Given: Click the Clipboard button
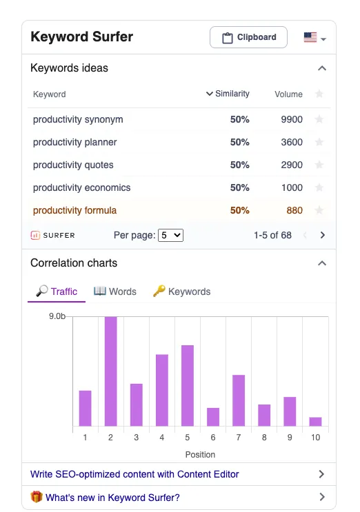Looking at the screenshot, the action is (x=248, y=37).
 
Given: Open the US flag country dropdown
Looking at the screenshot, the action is (x=315, y=37).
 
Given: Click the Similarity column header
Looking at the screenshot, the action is (x=228, y=94).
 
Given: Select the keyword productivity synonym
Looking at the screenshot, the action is (x=78, y=119).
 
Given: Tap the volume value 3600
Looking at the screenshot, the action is (x=292, y=142).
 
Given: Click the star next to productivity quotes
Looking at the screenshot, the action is (x=319, y=165).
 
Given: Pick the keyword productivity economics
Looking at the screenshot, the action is (x=81, y=187).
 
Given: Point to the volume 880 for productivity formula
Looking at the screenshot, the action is (x=294, y=210).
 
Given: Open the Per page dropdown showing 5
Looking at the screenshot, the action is (x=170, y=235).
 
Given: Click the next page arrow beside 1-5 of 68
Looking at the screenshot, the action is (x=323, y=235).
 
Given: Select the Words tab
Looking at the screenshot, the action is (x=115, y=291).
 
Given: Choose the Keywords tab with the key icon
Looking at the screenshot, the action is (x=181, y=291).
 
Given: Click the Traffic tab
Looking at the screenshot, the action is (x=57, y=291).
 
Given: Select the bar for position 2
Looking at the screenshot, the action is (x=111, y=371).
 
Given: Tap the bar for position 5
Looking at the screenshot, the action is (x=188, y=386).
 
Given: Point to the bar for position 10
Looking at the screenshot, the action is (x=316, y=422).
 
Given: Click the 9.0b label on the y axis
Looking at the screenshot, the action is (x=57, y=316).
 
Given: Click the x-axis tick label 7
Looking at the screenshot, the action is (x=239, y=437).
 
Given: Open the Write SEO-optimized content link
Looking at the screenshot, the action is (x=134, y=474).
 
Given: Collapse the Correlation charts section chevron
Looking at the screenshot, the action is (x=322, y=263).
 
